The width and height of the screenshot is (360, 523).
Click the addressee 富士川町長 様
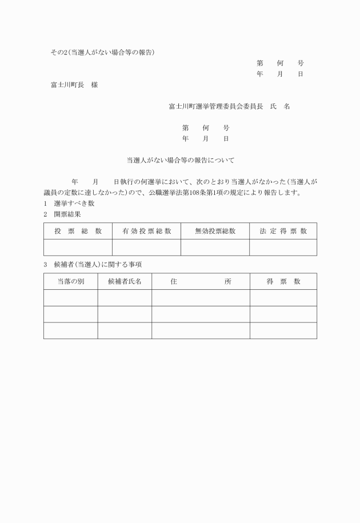(74, 85)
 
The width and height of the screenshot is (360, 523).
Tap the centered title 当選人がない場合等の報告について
(180, 161)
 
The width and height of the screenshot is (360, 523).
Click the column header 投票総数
(78, 231)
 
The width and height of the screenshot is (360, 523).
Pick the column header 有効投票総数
(146, 231)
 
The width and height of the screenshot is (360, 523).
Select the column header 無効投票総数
(215, 231)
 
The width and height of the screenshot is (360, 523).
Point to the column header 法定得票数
(283, 231)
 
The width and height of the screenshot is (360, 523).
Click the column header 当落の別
(70, 281)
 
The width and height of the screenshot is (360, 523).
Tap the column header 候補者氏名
(125, 281)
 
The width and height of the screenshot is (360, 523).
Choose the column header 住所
(201, 281)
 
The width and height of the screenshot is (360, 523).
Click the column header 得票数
(283, 281)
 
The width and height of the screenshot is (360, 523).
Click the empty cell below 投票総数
(78, 247)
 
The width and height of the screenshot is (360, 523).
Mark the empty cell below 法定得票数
(283, 247)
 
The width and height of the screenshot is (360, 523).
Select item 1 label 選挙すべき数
(74, 203)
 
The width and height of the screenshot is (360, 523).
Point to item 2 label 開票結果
(67, 214)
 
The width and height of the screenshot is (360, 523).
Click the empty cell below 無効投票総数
(215, 247)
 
